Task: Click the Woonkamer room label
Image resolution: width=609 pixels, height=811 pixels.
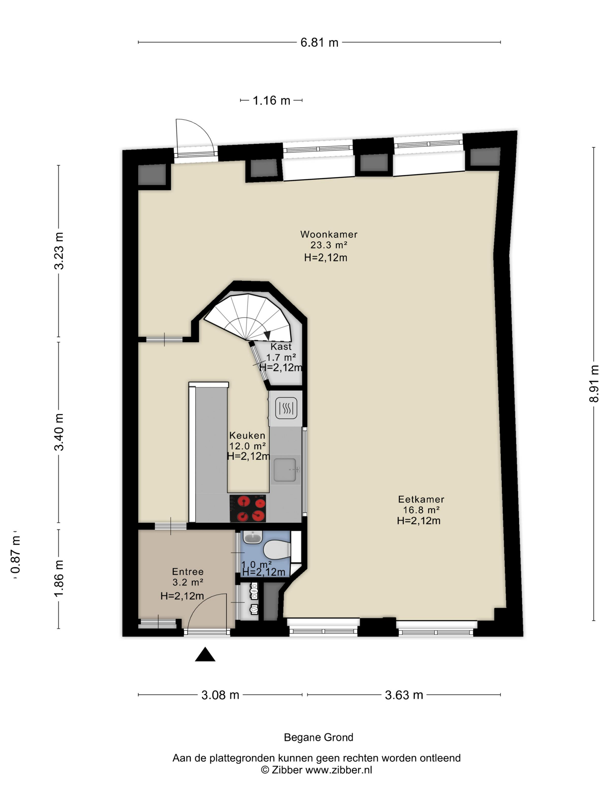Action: point(329,234)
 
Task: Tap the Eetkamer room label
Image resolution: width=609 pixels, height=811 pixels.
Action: point(421,499)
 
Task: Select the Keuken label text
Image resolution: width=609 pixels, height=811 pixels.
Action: point(247,435)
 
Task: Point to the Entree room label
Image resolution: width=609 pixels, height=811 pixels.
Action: point(188,571)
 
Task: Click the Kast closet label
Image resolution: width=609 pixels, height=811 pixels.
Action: point(281,346)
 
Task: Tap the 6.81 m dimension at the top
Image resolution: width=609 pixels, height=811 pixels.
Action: point(319,43)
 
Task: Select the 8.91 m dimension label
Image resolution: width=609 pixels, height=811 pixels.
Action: point(594,383)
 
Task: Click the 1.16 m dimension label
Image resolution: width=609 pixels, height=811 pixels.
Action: point(272,100)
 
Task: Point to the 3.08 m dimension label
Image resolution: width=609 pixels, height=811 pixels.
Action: point(220,695)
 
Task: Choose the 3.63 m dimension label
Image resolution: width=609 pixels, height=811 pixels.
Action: point(404,695)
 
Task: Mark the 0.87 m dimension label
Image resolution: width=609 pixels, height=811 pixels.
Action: point(15,554)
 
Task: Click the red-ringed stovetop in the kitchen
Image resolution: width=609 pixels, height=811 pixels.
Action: point(248,509)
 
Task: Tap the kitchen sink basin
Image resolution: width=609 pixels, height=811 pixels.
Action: point(285,470)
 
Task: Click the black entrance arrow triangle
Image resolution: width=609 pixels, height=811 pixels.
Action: point(205,654)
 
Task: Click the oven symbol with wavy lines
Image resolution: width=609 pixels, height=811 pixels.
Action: point(286,408)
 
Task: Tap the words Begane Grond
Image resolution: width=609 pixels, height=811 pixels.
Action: point(319,737)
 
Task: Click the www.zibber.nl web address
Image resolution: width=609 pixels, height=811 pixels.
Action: point(339,770)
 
